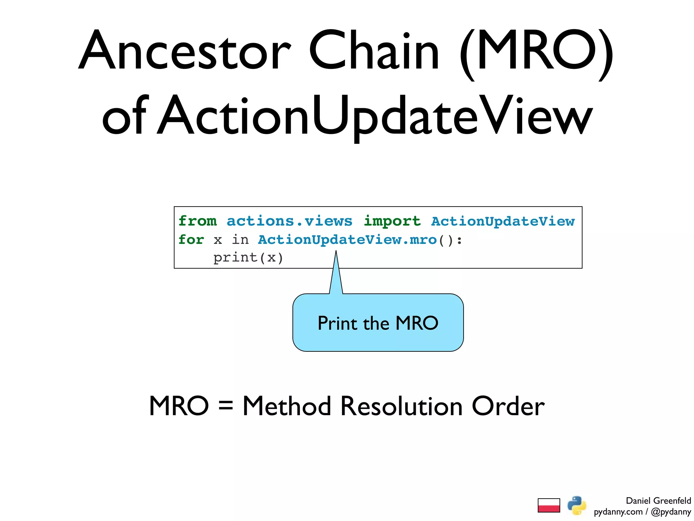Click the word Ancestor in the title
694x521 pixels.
click(185, 51)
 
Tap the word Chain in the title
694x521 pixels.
click(374, 51)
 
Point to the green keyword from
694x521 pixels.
click(198, 221)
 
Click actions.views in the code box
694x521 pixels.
click(289, 221)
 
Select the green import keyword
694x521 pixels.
click(392, 221)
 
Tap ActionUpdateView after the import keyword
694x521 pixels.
click(503, 221)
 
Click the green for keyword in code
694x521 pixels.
click(191, 240)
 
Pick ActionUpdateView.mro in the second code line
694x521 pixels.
click(347, 240)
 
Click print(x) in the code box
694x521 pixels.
click(248, 258)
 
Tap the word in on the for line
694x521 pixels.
click(240, 240)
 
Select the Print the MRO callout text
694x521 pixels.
click(378, 323)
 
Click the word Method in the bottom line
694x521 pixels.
click(287, 406)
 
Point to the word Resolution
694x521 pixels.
click(401, 406)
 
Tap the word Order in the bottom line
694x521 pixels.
click(508, 406)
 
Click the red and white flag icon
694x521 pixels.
click(549, 505)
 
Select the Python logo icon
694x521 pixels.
click(577, 505)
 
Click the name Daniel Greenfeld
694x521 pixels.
click(658, 501)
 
